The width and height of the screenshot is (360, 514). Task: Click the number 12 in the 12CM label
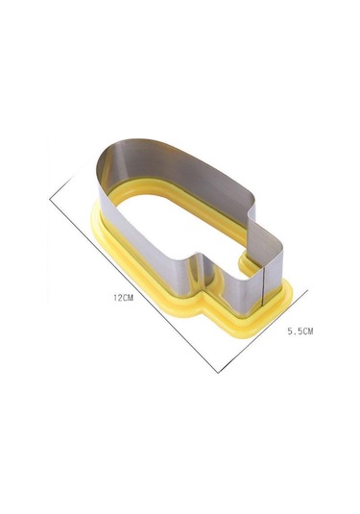click(117, 298)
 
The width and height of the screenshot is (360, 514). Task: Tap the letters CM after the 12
click(128, 298)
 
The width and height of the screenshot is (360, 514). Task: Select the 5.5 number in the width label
click(294, 331)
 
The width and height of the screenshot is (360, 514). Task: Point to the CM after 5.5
click(307, 331)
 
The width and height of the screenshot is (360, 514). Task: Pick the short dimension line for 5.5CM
click(263, 331)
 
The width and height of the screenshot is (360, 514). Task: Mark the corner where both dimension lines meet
click(218, 373)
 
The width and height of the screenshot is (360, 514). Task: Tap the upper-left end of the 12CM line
click(50, 199)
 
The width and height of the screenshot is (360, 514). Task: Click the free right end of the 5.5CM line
click(308, 290)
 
